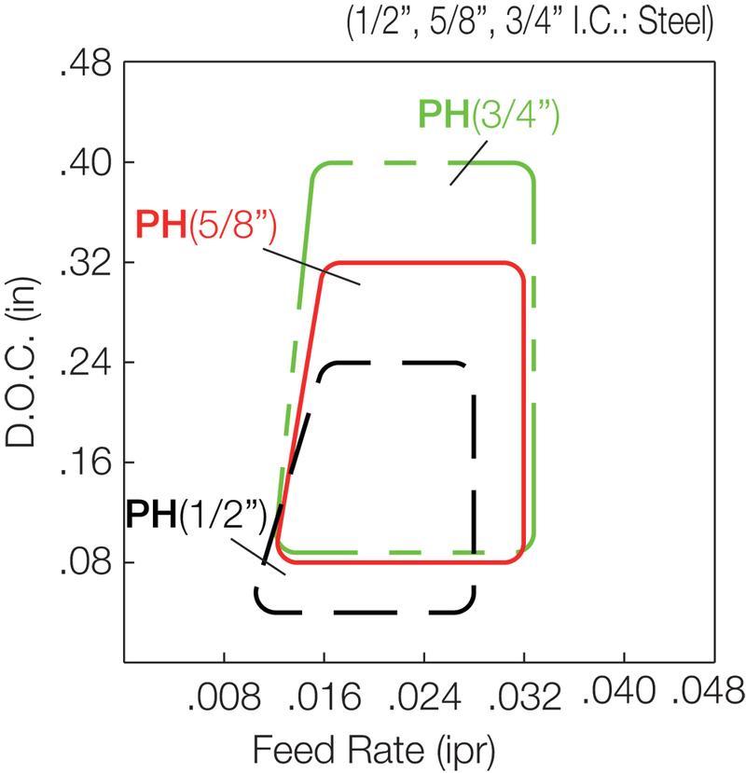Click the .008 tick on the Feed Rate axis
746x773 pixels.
[x=225, y=694]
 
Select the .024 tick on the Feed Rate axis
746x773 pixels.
[x=424, y=694]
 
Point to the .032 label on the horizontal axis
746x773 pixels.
[x=524, y=694]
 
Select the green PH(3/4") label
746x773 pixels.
[x=488, y=117]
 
